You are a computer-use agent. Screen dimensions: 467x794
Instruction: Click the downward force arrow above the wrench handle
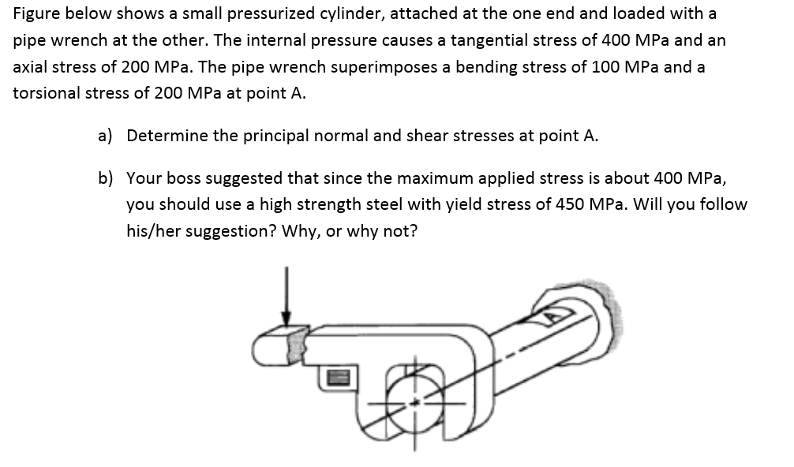click(287, 295)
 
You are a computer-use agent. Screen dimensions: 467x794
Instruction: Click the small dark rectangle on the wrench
click(334, 379)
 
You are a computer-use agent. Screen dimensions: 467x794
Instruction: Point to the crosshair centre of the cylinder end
click(418, 402)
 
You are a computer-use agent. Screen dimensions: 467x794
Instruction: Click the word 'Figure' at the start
click(36, 13)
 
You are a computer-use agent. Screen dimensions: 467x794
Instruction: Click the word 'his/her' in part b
click(153, 231)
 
